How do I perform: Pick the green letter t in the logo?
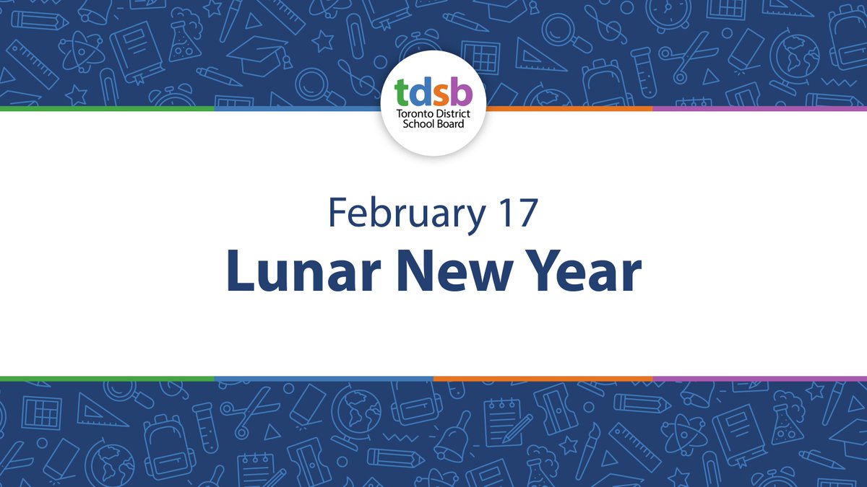coord(402,92)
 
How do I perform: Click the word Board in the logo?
coord(451,123)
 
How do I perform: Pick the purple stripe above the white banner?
coord(759,108)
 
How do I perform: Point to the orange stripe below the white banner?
coord(542,378)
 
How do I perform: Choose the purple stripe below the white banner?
coord(759,378)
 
